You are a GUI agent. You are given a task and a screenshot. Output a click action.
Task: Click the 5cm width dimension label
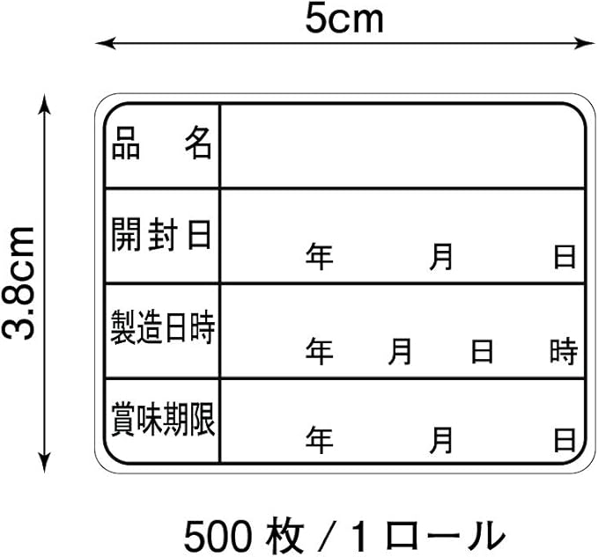click(344, 18)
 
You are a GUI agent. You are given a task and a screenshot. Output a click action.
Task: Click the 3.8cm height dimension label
click(19, 282)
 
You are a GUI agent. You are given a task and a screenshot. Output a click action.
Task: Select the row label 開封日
click(162, 234)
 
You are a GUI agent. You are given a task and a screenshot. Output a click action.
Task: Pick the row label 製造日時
click(162, 328)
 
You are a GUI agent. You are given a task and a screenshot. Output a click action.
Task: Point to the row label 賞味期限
click(162, 420)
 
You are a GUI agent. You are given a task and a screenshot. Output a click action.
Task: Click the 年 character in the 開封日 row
click(320, 257)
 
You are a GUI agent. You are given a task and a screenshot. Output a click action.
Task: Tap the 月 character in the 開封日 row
click(442, 257)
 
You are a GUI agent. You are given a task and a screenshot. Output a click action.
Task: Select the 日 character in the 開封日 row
click(565, 257)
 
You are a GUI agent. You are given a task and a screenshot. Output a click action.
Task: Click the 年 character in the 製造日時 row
click(320, 352)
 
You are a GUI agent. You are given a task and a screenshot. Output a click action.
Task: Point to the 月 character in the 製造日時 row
click(401, 352)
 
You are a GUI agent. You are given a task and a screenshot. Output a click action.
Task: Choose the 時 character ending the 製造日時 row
click(564, 352)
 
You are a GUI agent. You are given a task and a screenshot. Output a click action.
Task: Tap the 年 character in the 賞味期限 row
click(320, 439)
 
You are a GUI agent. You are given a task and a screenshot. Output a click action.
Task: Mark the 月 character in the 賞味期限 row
click(442, 439)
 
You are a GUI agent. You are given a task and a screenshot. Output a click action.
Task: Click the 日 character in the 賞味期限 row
click(565, 439)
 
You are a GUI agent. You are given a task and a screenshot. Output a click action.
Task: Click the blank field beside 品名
click(402, 144)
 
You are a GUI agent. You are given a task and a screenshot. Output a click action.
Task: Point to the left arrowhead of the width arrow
click(101, 41)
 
